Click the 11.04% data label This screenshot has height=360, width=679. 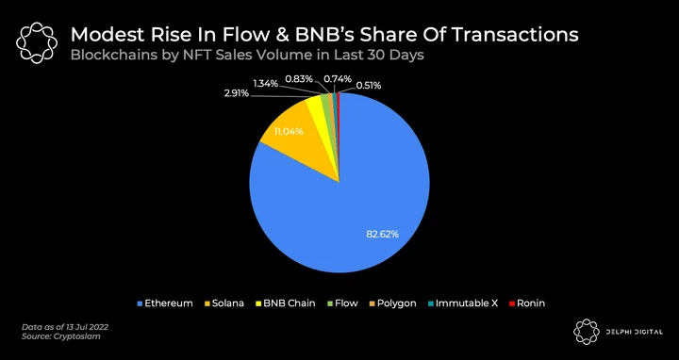[x=289, y=131]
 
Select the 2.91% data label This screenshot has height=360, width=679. [x=237, y=93]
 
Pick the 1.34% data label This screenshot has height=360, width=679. [x=265, y=84]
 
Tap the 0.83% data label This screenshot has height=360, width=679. [x=299, y=79]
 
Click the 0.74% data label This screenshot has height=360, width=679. [x=338, y=79]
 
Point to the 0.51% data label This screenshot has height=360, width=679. [x=369, y=86]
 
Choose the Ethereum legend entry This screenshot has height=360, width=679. [x=164, y=303]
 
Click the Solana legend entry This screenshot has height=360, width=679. [x=224, y=303]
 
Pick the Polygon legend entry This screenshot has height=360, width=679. [x=392, y=303]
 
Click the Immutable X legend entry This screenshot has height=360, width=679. [x=462, y=303]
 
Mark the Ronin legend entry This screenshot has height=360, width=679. [x=526, y=303]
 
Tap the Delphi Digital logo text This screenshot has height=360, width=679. [x=637, y=332]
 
